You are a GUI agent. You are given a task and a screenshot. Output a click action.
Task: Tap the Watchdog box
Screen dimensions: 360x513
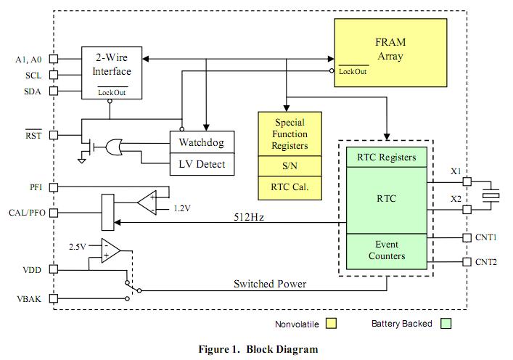tap(202, 142)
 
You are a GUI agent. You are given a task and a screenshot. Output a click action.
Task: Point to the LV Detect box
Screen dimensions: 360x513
tap(202, 165)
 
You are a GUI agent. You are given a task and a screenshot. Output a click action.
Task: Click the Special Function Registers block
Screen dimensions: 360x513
tap(290, 134)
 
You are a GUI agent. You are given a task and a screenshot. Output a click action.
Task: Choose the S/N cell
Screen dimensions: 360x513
tap(290, 166)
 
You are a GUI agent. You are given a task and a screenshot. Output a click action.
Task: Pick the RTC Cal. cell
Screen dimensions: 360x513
tap(290, 187)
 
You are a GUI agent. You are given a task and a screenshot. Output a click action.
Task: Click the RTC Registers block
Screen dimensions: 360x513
tap(387, 157)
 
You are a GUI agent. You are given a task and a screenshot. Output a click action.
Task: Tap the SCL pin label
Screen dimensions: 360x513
tap(33, 74)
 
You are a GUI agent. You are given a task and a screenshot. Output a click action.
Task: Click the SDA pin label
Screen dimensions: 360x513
tap(33, 91)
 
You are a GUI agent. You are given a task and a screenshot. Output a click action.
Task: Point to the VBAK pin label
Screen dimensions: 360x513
tap(31, 298)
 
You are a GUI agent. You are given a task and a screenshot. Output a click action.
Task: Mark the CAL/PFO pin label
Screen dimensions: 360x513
tap(28, 213)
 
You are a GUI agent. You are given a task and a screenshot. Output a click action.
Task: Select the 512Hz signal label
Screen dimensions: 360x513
tap(249, 216)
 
